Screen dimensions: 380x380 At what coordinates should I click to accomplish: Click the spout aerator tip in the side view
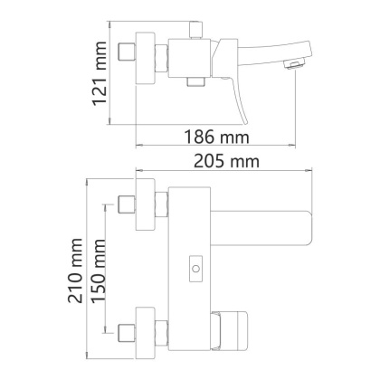click(x=292, y=64)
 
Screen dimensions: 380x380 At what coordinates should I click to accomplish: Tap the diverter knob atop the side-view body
click(x=193, y=31)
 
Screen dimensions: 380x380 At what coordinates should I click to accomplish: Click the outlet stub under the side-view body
click(x=193, y=82)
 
